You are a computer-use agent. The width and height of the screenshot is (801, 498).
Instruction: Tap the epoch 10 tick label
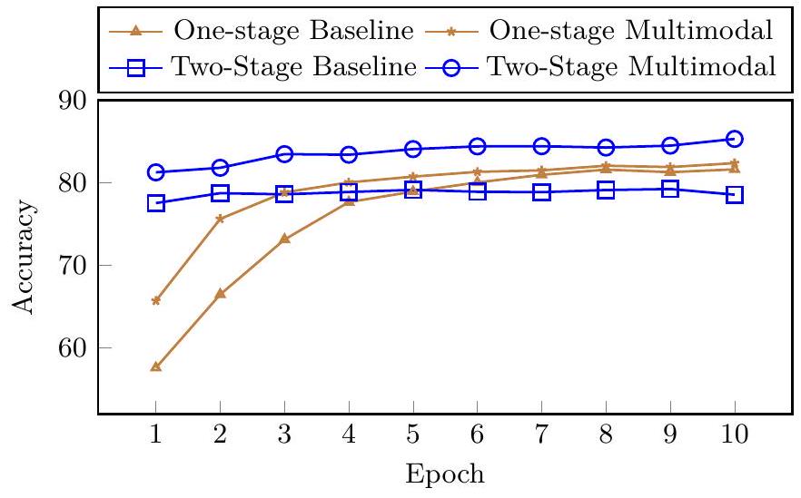point(734,435)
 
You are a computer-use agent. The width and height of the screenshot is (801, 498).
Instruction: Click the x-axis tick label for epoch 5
point(412,435)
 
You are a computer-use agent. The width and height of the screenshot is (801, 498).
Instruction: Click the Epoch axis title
point(445,474)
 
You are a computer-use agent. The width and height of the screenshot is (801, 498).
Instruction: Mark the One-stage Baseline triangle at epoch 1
point(155,366)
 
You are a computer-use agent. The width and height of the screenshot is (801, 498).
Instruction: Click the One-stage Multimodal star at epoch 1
point(155,300)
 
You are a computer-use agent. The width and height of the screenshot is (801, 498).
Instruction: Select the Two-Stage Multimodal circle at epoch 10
point(735,139)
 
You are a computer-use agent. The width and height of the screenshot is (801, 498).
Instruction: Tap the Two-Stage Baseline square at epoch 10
point(735,194)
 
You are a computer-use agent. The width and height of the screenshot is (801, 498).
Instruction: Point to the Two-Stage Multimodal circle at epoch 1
point(155,172)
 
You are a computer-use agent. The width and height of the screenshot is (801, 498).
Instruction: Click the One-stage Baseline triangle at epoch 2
point(220,294)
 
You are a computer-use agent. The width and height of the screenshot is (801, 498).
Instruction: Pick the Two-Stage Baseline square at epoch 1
point(155,203)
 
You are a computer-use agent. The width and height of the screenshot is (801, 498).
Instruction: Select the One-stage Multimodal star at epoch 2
point(220,219)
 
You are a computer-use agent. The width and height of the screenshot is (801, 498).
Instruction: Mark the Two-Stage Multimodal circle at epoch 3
point(284,154)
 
